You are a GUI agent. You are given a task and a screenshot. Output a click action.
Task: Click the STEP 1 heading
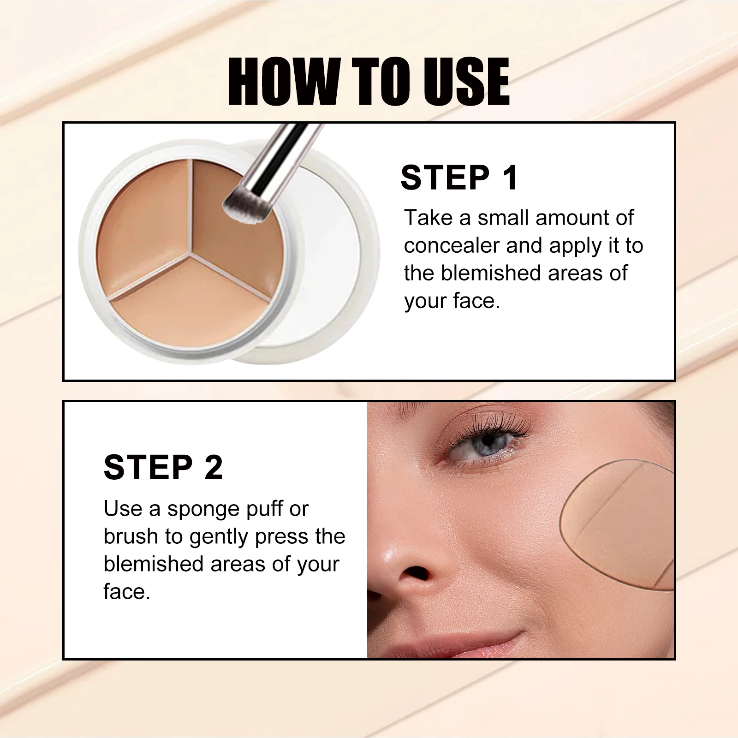tap(459, 178)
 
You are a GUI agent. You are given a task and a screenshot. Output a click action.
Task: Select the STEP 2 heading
tap(163, 467)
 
